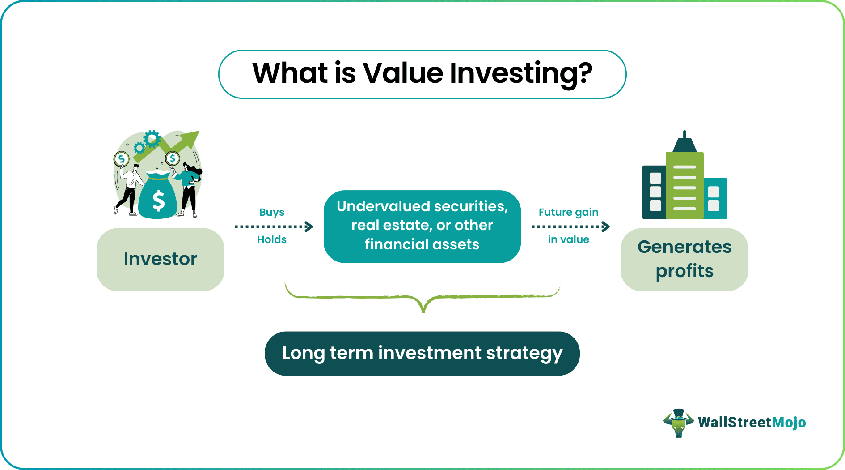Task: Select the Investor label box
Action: click(x=160, y=259)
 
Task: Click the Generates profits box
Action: click(x=684, y=259)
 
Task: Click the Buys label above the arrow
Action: click(x=271, y=212)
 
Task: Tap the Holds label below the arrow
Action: click(x=271, y=239)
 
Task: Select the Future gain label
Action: click(x=568, y=212)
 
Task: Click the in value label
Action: click(x=568, y=239)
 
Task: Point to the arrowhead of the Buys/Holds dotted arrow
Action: click(x=309, y=226)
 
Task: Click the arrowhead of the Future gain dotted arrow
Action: click(x=606, y=226)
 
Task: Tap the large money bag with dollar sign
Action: click(x=158, y=197)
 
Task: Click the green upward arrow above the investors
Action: click(x=179, y=143)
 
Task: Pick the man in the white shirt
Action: click(x=130, y=188)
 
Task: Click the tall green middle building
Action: click(x=684, y=186)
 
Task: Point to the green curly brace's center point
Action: click(x=423, y=309)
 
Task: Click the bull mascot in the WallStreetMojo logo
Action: click(x=678, y=423)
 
